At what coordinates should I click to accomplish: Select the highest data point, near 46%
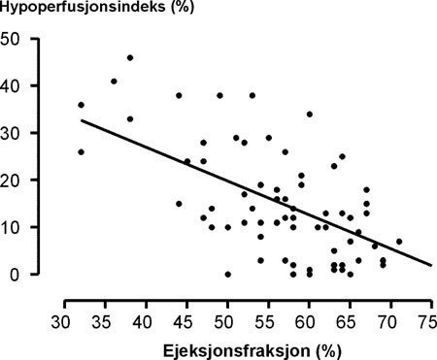click(130, 58)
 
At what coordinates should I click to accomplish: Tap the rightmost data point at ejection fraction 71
click(399, 241)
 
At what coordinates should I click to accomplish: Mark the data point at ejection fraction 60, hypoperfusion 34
click(309, 115)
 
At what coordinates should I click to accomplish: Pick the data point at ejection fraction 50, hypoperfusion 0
click(227, 274)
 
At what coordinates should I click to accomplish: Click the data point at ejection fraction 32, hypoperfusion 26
click(81, 151)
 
